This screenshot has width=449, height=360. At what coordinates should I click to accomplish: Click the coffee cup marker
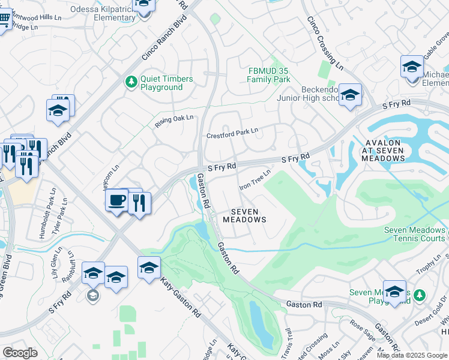[x=116, y=199]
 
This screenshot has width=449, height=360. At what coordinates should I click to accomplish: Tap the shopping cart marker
[x=3, y=21]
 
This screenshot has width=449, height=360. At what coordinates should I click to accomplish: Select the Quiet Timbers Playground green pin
[x=131, y=81]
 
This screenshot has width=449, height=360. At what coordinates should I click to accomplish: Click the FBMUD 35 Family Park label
[x=270, y=75]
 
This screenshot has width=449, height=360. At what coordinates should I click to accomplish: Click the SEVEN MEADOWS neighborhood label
[x=244, y=216]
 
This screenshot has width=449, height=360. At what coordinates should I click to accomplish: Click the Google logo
[x=20, y=353]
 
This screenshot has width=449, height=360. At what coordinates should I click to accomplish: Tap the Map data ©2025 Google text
[x=412, y=355]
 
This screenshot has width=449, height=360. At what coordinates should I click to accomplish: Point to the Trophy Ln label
[x=430, y=263]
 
